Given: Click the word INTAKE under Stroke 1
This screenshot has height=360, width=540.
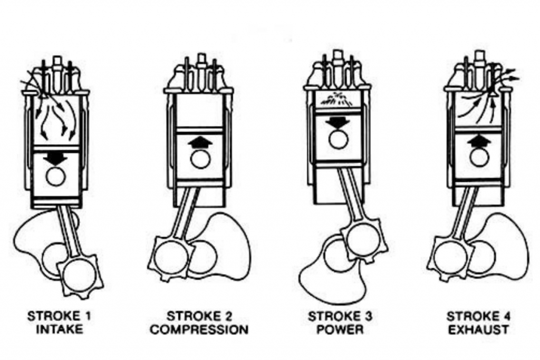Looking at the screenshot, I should [x=60, y=330].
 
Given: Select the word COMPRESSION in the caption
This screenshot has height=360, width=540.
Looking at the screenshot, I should [x=199, y=330].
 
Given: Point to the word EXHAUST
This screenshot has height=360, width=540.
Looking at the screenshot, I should [x=477, y=330].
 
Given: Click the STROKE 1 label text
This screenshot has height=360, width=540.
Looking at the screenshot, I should [x=60, y=317].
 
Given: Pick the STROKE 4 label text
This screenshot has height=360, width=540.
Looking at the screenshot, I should [x=477, y=317].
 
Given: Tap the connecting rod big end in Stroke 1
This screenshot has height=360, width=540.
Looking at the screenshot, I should [x=81, y=273].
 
